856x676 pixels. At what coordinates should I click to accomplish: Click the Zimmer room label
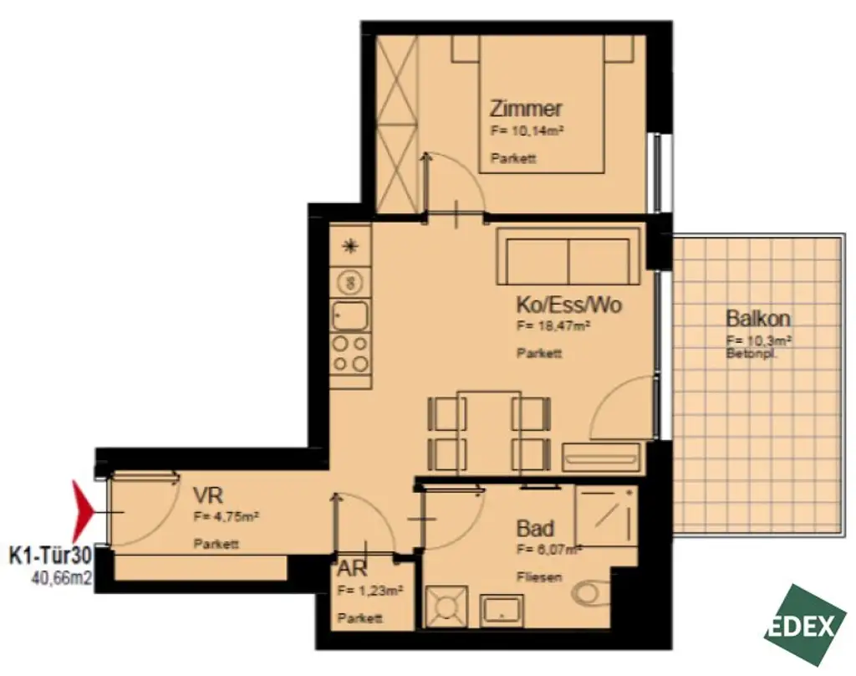526,109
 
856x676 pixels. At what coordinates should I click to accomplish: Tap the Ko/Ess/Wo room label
568,305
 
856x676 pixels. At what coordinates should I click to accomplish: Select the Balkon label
758,319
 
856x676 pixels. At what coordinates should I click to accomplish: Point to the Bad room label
535,529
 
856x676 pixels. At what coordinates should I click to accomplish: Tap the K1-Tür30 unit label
48,555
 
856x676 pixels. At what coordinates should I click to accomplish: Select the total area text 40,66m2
61,576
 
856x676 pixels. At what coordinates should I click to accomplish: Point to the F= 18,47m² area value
554,326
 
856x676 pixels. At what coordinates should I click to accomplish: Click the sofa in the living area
568,258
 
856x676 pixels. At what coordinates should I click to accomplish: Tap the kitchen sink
349,315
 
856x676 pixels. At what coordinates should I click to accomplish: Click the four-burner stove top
350,353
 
